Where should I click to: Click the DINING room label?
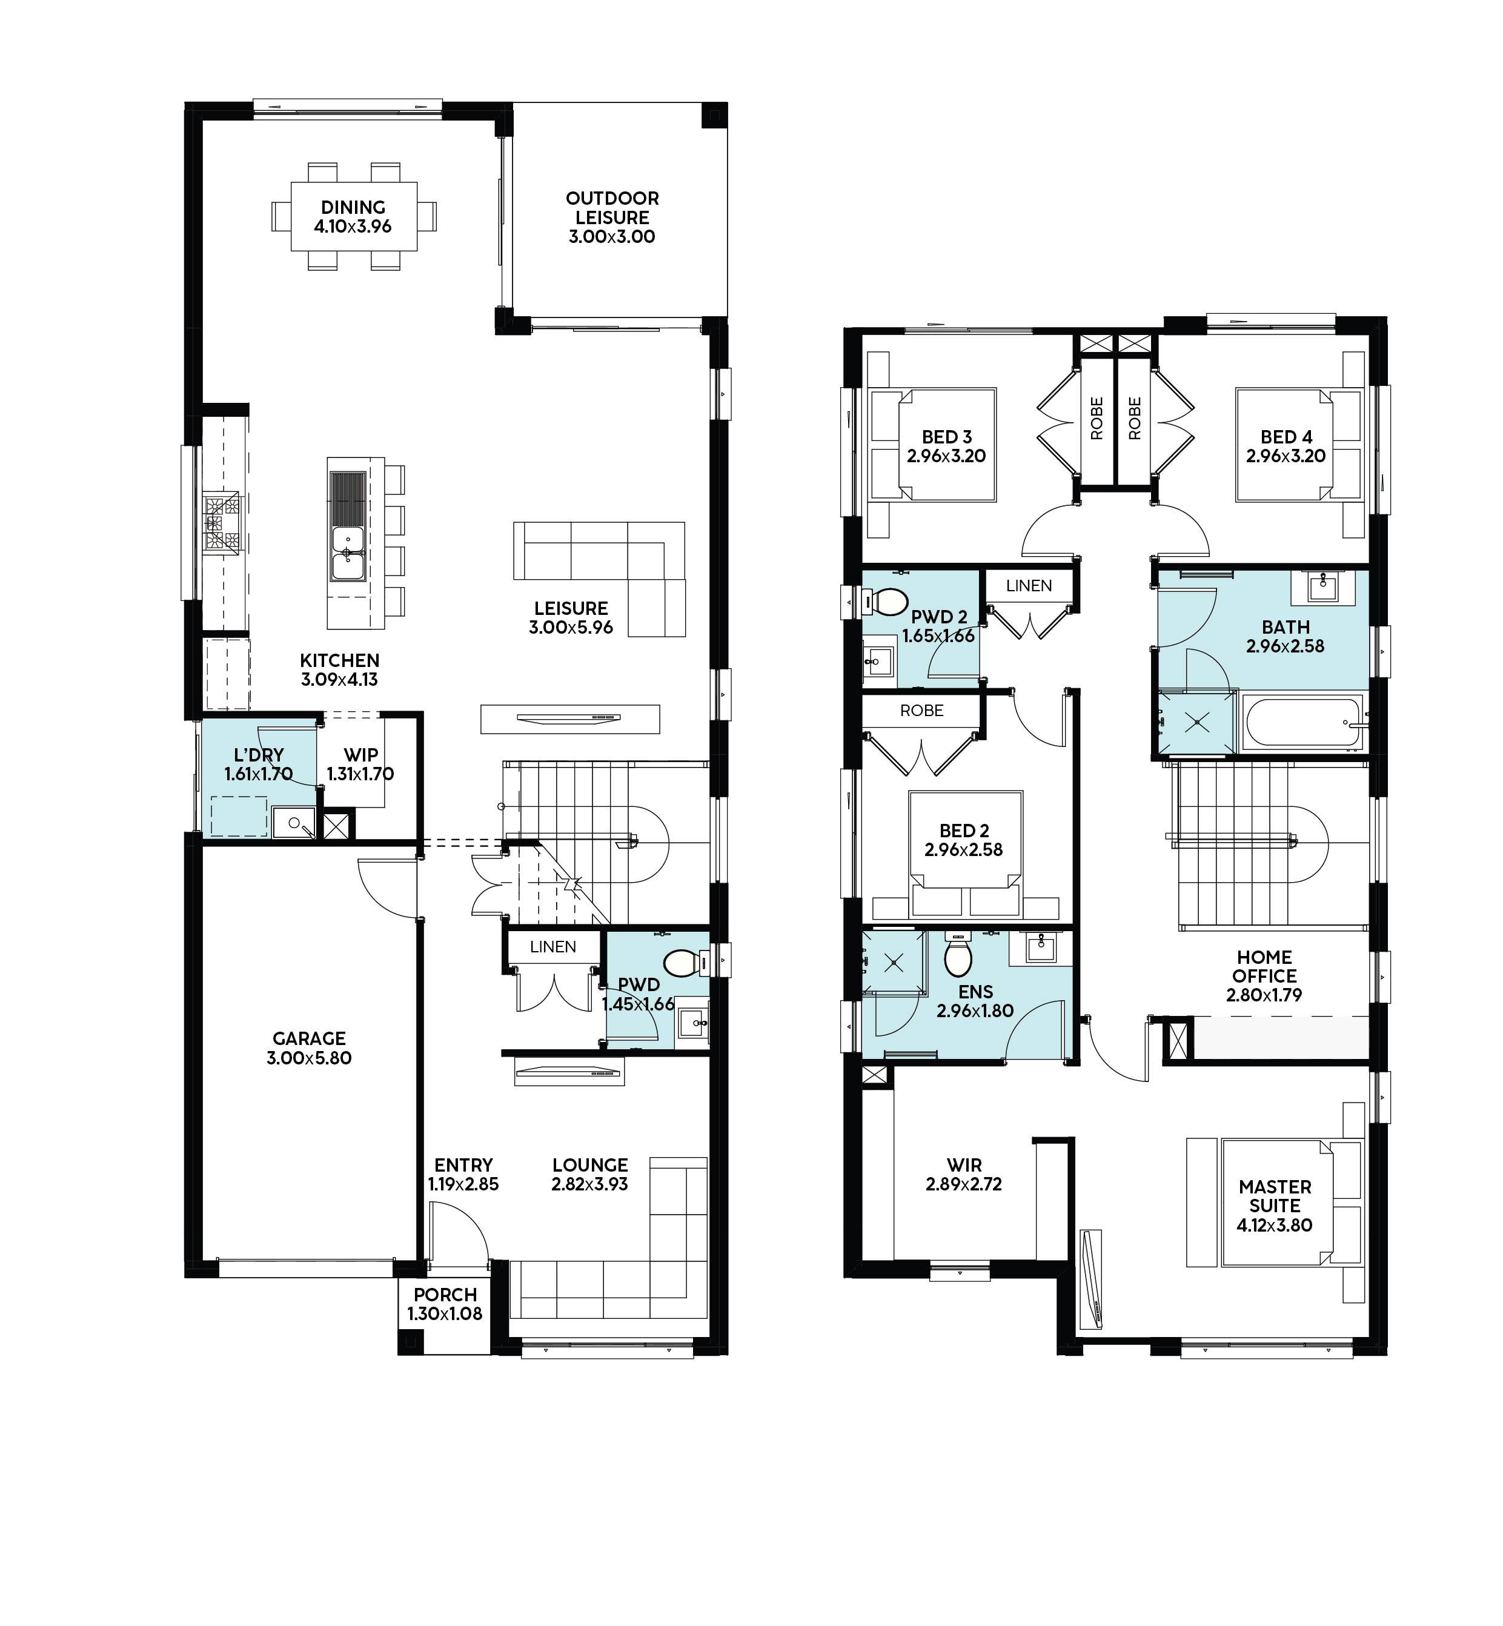353,207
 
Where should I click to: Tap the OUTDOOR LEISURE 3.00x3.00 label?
612,217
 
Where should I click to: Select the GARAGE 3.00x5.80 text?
309,1049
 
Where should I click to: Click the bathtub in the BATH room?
1303,722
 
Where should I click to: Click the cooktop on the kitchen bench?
221,522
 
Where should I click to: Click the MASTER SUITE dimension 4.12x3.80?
1275,1225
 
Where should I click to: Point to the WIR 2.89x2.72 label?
964,1175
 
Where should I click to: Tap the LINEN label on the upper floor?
1029,586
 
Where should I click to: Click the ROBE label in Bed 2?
921,711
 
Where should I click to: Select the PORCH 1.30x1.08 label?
445,1304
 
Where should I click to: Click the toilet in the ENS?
958,955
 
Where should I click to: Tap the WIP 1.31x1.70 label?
360,765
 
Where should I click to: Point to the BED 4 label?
1286,437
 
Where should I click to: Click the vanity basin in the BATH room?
1323,586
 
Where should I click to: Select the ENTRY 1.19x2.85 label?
463,1175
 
